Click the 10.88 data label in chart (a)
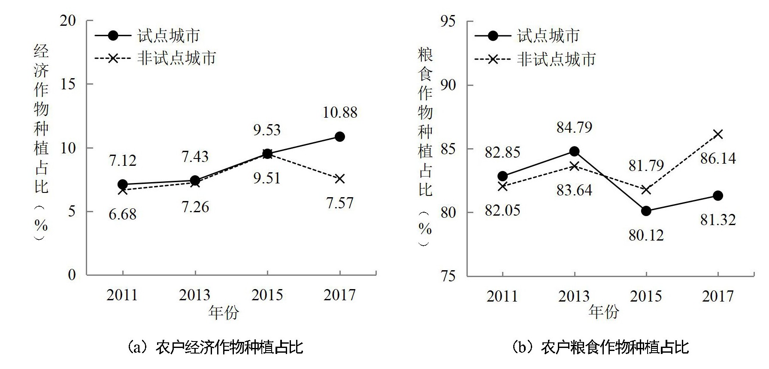tap(340, 113)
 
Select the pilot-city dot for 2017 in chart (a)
tap(339, 137)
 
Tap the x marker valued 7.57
tap(339, 179)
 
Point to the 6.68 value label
tap(122, 214)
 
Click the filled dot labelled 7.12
tap(123, 184)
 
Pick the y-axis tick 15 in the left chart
tap(68, 84)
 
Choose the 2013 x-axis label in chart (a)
tap(195, 295)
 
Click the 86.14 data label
tap(718, 159)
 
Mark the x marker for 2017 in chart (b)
tap(718, 134)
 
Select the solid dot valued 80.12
tap(646, 211)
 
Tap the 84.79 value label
tap(574, 127)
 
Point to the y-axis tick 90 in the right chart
tap(448, 85)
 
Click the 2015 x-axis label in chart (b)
tap(646, 296)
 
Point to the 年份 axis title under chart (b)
tap(604, 312)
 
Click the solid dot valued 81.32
tap(718, 196)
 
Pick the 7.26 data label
tap(195, 207)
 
